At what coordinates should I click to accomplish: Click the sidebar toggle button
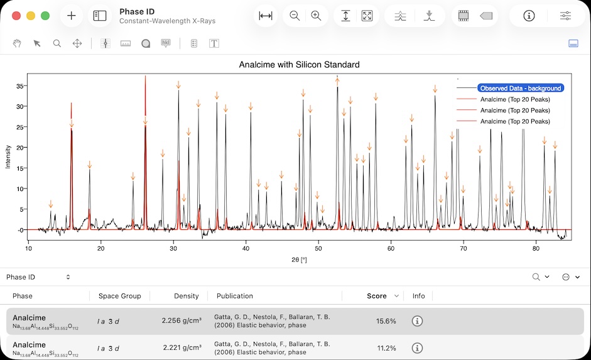click(x=100, y=16)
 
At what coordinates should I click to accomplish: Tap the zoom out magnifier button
click(x=295, y=16)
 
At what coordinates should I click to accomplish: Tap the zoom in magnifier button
click(x=316, y=16)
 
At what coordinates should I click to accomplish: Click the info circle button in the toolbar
click(x=529, y=16)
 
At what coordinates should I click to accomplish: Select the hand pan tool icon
click(x=18, y=43)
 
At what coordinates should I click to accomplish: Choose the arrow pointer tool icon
click(x=37, y=43)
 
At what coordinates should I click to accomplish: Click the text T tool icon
click(x=214, y=43)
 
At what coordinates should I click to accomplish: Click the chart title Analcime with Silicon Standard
click(x=299, y=65)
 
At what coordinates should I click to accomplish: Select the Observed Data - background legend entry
click(x=519, y=89)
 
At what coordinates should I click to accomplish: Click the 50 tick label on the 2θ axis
click(x=318, y=248)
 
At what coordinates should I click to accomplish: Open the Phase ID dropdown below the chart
click(x=38, y=277)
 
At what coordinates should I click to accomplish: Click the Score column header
click(x=377, y=296)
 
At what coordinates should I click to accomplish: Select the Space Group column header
click(x=119, y=296)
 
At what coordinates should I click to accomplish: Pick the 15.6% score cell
click(x=386, y=321)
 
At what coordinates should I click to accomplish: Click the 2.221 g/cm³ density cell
click(x=182, y=348)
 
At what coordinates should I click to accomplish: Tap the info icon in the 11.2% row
click(x=417, y=348)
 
